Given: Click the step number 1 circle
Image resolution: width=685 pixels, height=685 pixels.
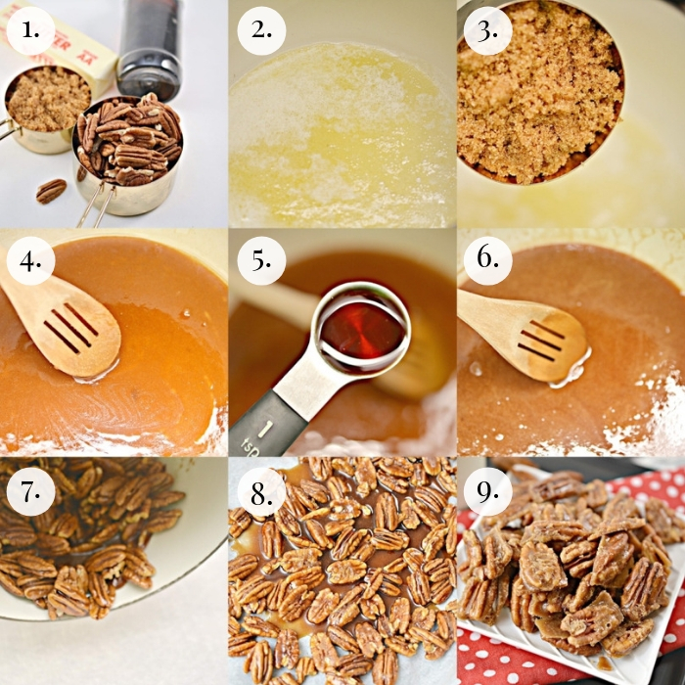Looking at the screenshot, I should coord(30,32).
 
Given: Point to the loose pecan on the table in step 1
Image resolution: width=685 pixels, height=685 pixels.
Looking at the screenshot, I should coord(51,190).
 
